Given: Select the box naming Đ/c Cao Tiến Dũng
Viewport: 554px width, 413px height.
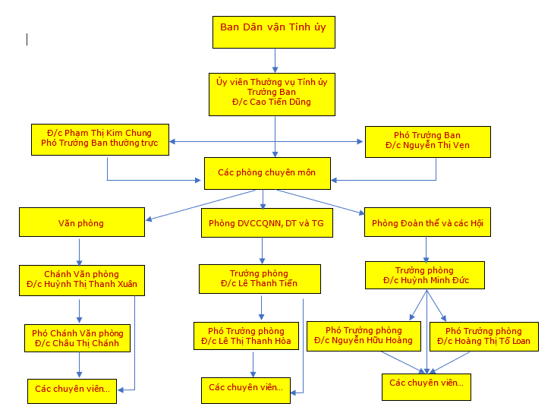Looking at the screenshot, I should pos(271,94).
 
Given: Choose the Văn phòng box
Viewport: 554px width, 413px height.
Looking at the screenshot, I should pos(81,223).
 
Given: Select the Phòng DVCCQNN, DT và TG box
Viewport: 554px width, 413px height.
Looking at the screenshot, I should pos(266,223).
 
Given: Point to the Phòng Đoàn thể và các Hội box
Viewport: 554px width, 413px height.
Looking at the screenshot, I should pos(427,223).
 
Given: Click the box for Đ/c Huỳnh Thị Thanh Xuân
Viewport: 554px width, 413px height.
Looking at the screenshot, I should pos(81,280).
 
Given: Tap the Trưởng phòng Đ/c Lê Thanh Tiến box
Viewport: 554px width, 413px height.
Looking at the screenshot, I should pos(259,279).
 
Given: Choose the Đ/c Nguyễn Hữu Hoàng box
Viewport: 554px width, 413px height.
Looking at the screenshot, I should pos(364,336).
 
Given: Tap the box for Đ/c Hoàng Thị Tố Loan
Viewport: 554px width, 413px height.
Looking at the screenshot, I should pos(483,336).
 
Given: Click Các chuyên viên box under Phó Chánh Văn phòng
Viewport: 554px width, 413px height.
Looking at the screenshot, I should pos(72,389).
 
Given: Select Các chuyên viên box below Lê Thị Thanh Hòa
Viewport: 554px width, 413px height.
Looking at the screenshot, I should pos(246,388).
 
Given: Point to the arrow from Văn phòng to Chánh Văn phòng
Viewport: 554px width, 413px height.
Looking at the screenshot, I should pos(79,251).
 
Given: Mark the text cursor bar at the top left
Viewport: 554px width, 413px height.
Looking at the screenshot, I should pos(27,39).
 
